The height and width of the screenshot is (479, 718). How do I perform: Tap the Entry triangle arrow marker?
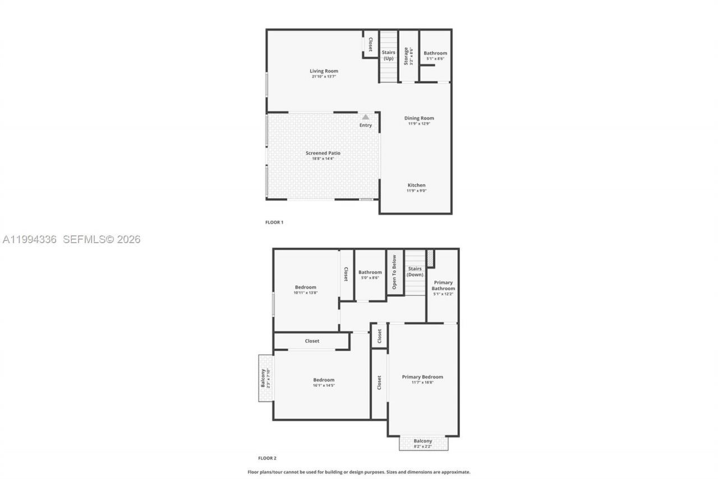366,117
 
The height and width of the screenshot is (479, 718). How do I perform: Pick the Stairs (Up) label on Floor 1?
388,55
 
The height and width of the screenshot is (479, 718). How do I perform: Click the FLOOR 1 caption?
274,222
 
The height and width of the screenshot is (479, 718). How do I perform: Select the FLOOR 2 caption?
267,458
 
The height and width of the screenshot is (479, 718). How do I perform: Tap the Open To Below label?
394,272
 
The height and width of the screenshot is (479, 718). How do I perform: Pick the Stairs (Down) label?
415,272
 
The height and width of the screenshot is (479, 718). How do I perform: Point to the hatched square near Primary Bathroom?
430,258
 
